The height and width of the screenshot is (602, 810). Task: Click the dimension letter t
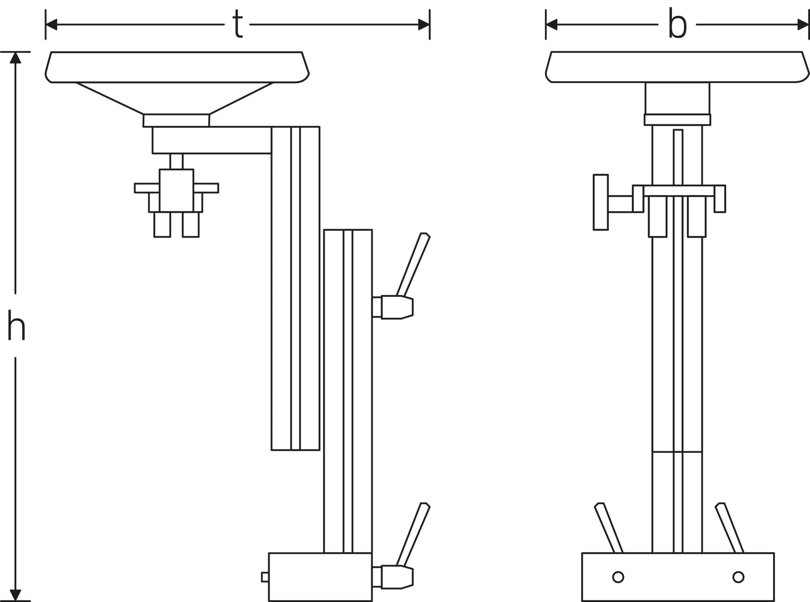tap(238, 25)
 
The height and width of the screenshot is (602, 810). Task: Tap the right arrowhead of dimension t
tap(424, 25)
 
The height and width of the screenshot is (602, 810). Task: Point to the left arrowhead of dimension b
tap(552, 25)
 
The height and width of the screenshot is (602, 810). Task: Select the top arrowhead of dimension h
tap(15, 58)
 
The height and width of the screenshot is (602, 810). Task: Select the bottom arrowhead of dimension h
tap(15, 595)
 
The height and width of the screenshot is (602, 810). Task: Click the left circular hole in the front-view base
tap(618, 577)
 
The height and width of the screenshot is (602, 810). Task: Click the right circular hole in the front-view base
tap(738, 577)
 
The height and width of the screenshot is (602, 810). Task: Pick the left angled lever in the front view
tap(608, 528)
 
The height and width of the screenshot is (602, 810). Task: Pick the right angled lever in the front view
tap(729, 528)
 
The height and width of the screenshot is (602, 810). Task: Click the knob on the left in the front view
tap(601, 202)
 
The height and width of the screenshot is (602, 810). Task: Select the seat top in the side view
tap(177, 67)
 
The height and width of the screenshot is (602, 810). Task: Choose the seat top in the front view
tap(677, 67)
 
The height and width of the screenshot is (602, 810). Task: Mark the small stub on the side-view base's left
tap(265, 577)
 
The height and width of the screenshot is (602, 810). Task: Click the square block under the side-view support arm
tap(177, 190)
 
